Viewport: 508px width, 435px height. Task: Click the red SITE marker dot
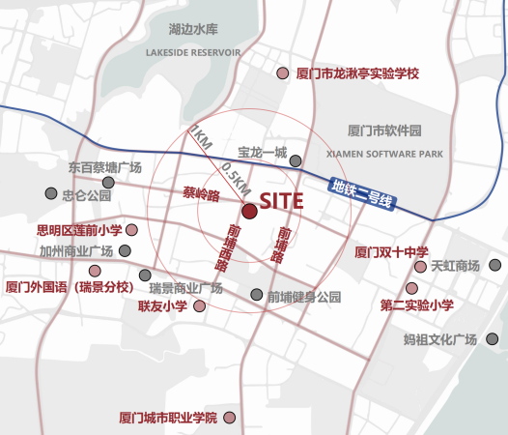[248, 211]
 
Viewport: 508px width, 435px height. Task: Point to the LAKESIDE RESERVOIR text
[193, 52]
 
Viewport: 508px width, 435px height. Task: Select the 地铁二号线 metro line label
[360, 194]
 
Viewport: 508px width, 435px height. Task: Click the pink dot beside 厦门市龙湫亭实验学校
[282, 73]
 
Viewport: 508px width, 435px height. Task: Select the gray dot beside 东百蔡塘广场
[110, 181]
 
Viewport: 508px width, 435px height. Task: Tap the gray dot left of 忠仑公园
[51, 194]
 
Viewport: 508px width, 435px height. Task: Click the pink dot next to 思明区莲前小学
[131, 230]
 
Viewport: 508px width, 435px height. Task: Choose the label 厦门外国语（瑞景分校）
[68, 287]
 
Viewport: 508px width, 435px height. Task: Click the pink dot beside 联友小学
[199, 306]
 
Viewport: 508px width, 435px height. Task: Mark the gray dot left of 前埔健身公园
[256, 295]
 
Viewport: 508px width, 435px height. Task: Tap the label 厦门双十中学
[383, 252]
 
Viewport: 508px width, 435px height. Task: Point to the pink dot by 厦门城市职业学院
[232, 418]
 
